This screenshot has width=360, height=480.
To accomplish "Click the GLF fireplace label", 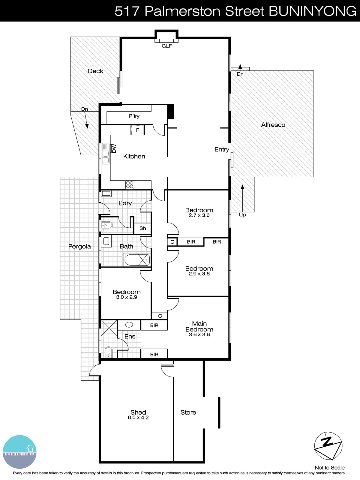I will point(167,46).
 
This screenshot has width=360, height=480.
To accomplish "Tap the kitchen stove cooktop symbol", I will point(130,185).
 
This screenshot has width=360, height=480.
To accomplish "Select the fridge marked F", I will point(137,130).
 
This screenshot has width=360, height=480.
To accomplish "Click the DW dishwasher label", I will point(114,148).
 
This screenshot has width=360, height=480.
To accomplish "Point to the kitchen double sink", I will point(106,154).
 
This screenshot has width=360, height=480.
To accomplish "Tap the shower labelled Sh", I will point(142,228).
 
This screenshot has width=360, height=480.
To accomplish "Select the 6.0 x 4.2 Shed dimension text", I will point(138,418).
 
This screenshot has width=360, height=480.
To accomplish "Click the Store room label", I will point(188,412).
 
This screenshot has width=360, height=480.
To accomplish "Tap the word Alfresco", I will point(273,125).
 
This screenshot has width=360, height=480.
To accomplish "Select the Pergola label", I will point(79,246).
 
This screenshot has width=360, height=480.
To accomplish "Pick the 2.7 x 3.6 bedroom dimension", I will point(199,215).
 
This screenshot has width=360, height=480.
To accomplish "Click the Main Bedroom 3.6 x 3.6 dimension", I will point(199,334).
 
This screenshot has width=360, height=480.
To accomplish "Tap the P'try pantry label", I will point(134,116).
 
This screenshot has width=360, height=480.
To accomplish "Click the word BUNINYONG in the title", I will point(312,11).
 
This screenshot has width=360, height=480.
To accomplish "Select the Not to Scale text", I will point(329,467).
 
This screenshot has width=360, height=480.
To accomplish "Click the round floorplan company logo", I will point(19,452).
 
